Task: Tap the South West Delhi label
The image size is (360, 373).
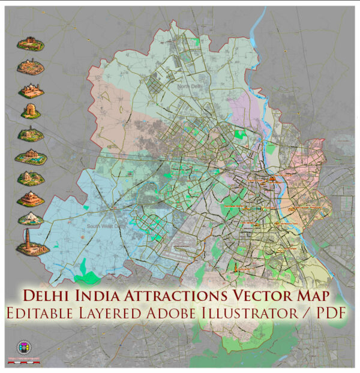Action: pyautogui.click(x=101, y=226)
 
